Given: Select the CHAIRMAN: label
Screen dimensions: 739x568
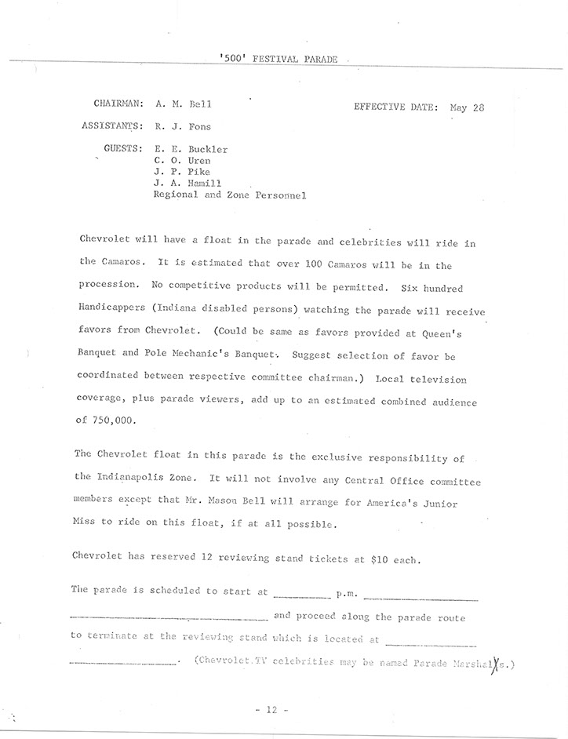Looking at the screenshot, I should coord(117,103).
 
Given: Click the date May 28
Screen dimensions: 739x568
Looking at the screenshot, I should coord(468,107).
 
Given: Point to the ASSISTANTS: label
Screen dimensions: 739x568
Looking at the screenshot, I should coord(112,125).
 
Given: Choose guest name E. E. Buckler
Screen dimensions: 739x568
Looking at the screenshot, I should coord(191,148).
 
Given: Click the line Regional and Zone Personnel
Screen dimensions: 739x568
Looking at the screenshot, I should coord(228,195).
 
